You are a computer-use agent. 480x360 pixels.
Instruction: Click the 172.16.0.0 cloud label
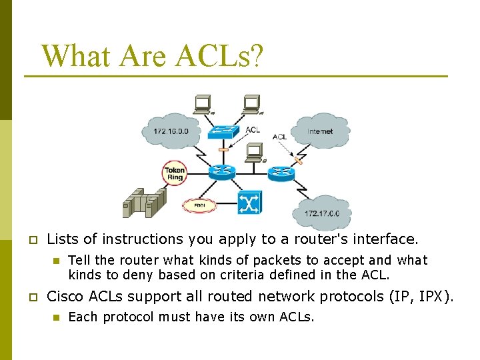pyautogui.click(x=171, y=131)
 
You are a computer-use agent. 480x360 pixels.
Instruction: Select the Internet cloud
pyautogui.click(x=320, y=131)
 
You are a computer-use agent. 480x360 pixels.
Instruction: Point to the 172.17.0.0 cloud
pyautogui.click(x=322, y=213)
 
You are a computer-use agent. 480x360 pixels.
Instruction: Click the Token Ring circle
pyautogui.click(x=175, y=173)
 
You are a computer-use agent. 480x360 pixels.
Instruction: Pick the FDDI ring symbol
pyautogui.click(x=199, y=205)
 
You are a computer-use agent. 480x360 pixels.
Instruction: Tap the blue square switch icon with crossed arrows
pyautogui.click(x=250, y=202)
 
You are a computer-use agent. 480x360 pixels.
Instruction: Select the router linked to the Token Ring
pyautogui.click(x=222, y=172)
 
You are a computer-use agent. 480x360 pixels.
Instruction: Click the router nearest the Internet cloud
pyautogui.click(x=281, y=173)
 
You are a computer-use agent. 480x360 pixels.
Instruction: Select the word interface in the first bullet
pyautogui.click(x=390, y=239)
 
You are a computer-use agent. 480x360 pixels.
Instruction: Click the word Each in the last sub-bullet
pyautogui.click(x=82, y=317)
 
